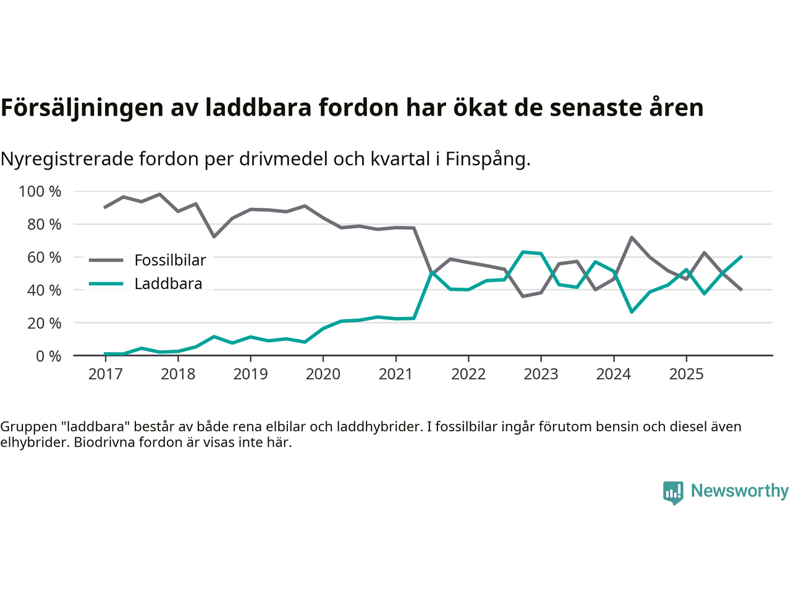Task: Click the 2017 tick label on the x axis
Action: (x=105, y=374)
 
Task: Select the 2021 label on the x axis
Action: (x=395, y=374)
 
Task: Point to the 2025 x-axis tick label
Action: (x=686, y=374)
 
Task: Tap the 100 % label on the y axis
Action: (x=40, y=192)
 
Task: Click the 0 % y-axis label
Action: (x=48, y=356)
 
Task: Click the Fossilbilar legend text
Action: (x=170, y=260)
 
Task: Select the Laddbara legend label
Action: (x=168, y=284)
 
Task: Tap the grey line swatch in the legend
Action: (x=106, y=260)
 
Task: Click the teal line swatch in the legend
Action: (x=106, y=284)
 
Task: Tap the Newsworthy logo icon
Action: (x=673, y=493)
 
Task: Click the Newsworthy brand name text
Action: (x=740, y=491)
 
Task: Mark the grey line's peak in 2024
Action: (x=632, y=237)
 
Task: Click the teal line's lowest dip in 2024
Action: (x=632, y=312)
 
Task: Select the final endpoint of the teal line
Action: (x=741, y=256)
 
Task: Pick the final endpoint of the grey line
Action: (x=741, y=290)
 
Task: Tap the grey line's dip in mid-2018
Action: (x=214, y=237)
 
